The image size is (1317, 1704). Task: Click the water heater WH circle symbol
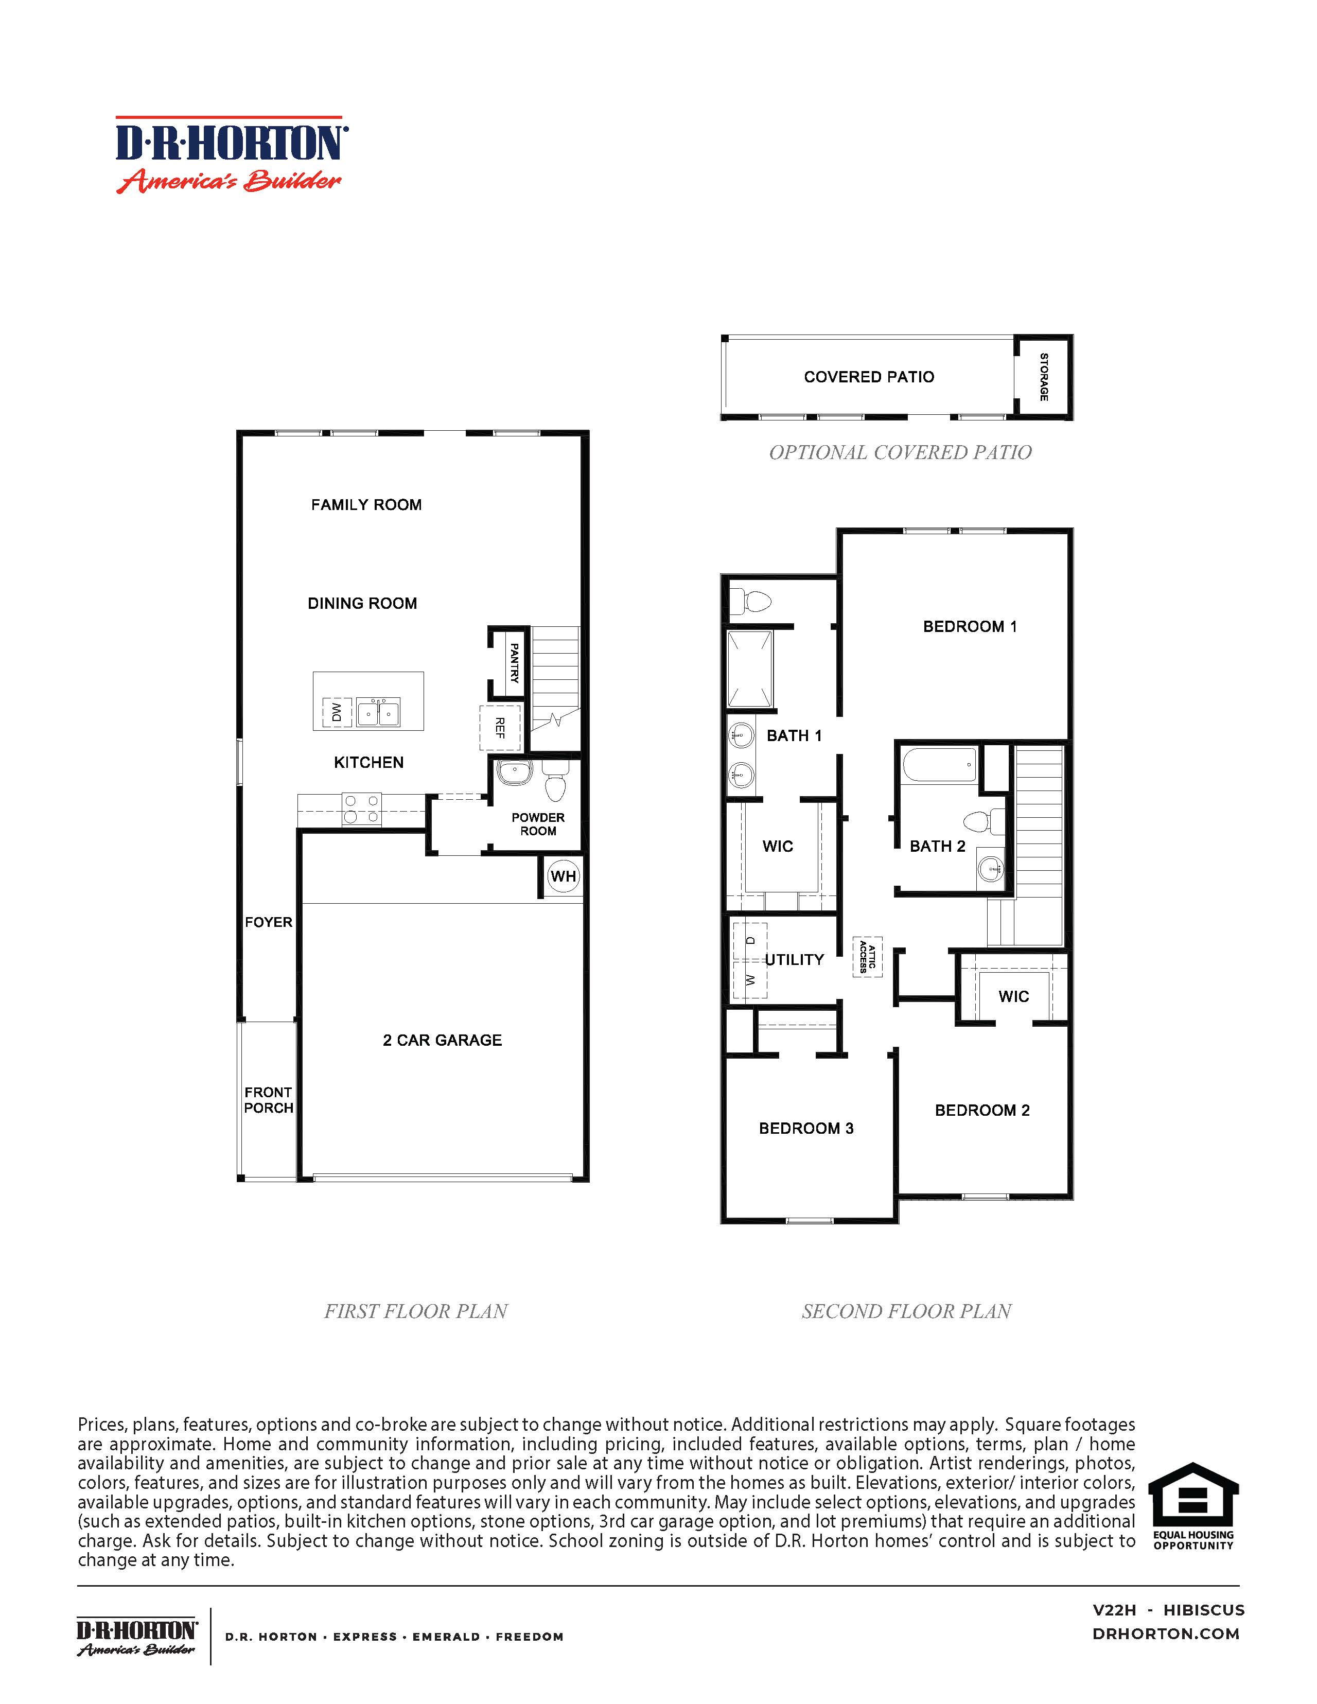pos(564,876)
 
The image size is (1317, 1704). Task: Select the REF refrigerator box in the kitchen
pos(499,728)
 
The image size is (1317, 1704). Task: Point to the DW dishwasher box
pos(336,712)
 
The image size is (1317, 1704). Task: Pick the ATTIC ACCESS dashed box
pos(867,957)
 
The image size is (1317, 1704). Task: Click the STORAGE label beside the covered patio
pos(1044,377)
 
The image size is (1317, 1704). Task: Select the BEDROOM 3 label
pos(806,1128)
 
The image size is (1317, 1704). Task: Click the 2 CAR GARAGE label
pos(443,1040)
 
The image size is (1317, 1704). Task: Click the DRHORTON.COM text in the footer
pos(1166,1634)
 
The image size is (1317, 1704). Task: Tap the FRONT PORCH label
pos(269,1100)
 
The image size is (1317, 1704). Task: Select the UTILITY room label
pos(794,960)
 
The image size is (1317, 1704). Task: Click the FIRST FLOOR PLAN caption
pos(416,1311)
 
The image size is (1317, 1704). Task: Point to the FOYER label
pos(269,922)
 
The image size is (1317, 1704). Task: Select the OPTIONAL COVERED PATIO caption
pos(900,452)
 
